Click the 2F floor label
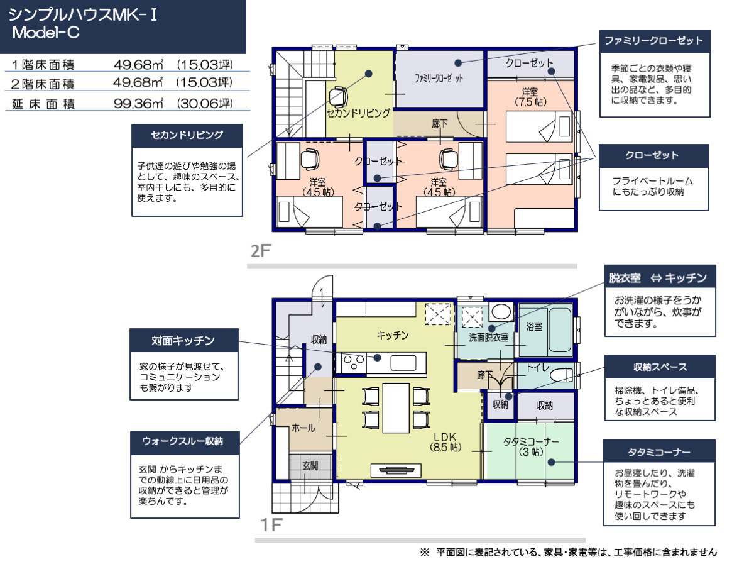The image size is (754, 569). click(261, 250)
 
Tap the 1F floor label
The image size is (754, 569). click(271, 525)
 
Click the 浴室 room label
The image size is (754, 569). click(534, 326)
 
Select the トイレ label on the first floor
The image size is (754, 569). click(538, 367)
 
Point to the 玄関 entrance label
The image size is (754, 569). click(310, 466)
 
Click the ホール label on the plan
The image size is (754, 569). click(303, 428)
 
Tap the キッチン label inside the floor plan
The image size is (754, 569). click(393, 335)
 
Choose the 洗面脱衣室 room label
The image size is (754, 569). click(488, 338)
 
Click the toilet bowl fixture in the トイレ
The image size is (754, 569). click(561, 375)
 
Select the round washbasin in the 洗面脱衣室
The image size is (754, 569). click(501, 312)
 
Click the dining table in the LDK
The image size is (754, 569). click(396, 408)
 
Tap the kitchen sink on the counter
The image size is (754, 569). click(403, 363)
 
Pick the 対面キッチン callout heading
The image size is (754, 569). click(183, 341)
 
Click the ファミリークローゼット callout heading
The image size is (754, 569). click(654, 41)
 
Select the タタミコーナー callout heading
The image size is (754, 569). click(659, 452)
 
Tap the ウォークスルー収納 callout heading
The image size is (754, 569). click(182, 441)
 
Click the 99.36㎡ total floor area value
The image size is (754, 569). click(138, 103)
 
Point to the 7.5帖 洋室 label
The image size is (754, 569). click(530, 97)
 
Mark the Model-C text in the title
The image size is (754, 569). click(46, 33)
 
